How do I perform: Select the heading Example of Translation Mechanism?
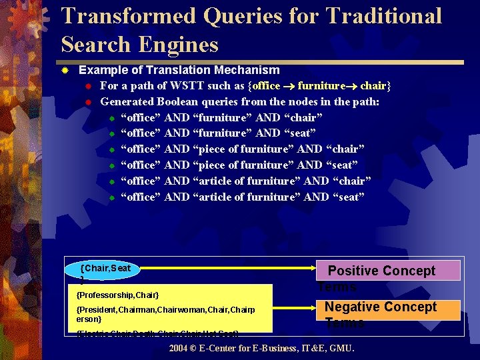pyautogui.click(x=179, y=70)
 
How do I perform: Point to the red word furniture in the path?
pyautogui.click(x=322, y=86)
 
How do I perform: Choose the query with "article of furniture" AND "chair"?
pyautogui.click(x=247, y=181)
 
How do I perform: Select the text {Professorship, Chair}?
pyautogui.click(x=118, y=295)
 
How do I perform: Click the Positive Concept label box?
pyautogui.click(x=387, y=271)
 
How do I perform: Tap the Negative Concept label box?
pyautogui.click(x=387, y=308)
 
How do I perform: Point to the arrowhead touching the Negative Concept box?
pyautogui.click(x=319, y=307)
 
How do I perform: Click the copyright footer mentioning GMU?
pyautogui.click(x=261, y=349)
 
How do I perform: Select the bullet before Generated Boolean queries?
pyautogui.click(x=87, y=102)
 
